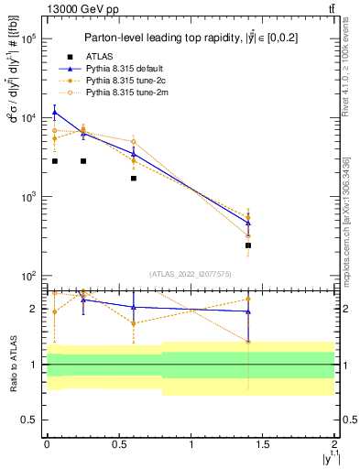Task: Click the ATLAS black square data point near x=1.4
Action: click(x=248, y=245)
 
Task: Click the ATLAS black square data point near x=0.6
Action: click(x=134, y=178)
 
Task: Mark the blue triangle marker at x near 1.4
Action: click(x=248, y=223)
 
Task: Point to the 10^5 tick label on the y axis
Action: click(x=27, y=39)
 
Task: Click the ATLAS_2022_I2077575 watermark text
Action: click(x=190, y=274)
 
